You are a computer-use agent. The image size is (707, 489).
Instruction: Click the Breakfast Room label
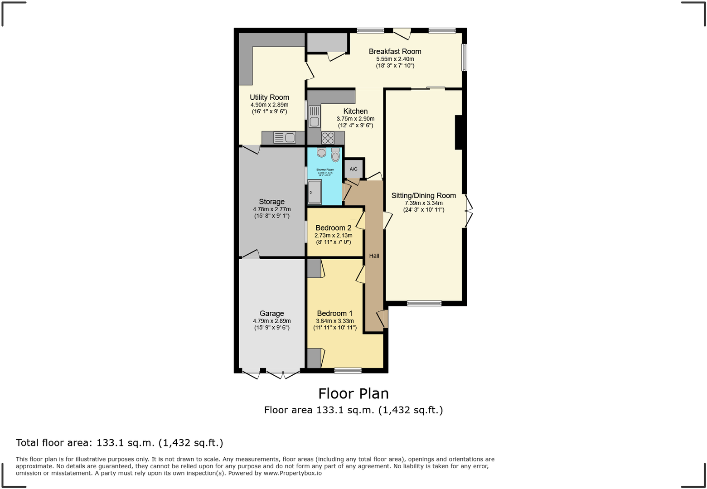[x=395, y=52]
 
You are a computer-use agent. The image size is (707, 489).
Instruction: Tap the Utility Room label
[x=269, y=97]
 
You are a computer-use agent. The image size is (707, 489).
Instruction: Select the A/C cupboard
[x=353, y=169]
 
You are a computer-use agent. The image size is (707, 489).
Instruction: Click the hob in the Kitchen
[x=328, y=138]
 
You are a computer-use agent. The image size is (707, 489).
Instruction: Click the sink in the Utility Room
[x=285, y=137]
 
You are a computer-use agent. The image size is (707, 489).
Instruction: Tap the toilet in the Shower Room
[x=335, y=155]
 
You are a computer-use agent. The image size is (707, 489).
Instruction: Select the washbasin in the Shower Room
[x=321, y=153]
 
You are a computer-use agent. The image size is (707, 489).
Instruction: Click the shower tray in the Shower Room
[x=315, y=192]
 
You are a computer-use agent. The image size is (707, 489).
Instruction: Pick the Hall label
[x=374, y=256]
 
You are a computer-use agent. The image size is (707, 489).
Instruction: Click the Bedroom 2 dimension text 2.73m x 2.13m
[x=333, y=236]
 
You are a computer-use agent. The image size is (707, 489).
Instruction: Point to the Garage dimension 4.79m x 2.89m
[x=271, y=321]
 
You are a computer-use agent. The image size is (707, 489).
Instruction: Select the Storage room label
[x=271, y=202]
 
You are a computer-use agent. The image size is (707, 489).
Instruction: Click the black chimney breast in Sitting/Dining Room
[x=458, y=132]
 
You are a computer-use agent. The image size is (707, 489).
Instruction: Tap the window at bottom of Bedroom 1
[x=348, y=371]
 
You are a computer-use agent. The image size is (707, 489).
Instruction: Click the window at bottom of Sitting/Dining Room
[x=424, y=303]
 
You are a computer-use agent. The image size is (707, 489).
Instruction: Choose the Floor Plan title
[x=353, y=393]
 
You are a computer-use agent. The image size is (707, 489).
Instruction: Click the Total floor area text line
[x=120, y=443]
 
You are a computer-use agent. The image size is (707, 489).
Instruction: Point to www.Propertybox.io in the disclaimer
[x=292, y=473]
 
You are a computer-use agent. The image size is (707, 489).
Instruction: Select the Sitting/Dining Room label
[x=423, y=196]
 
